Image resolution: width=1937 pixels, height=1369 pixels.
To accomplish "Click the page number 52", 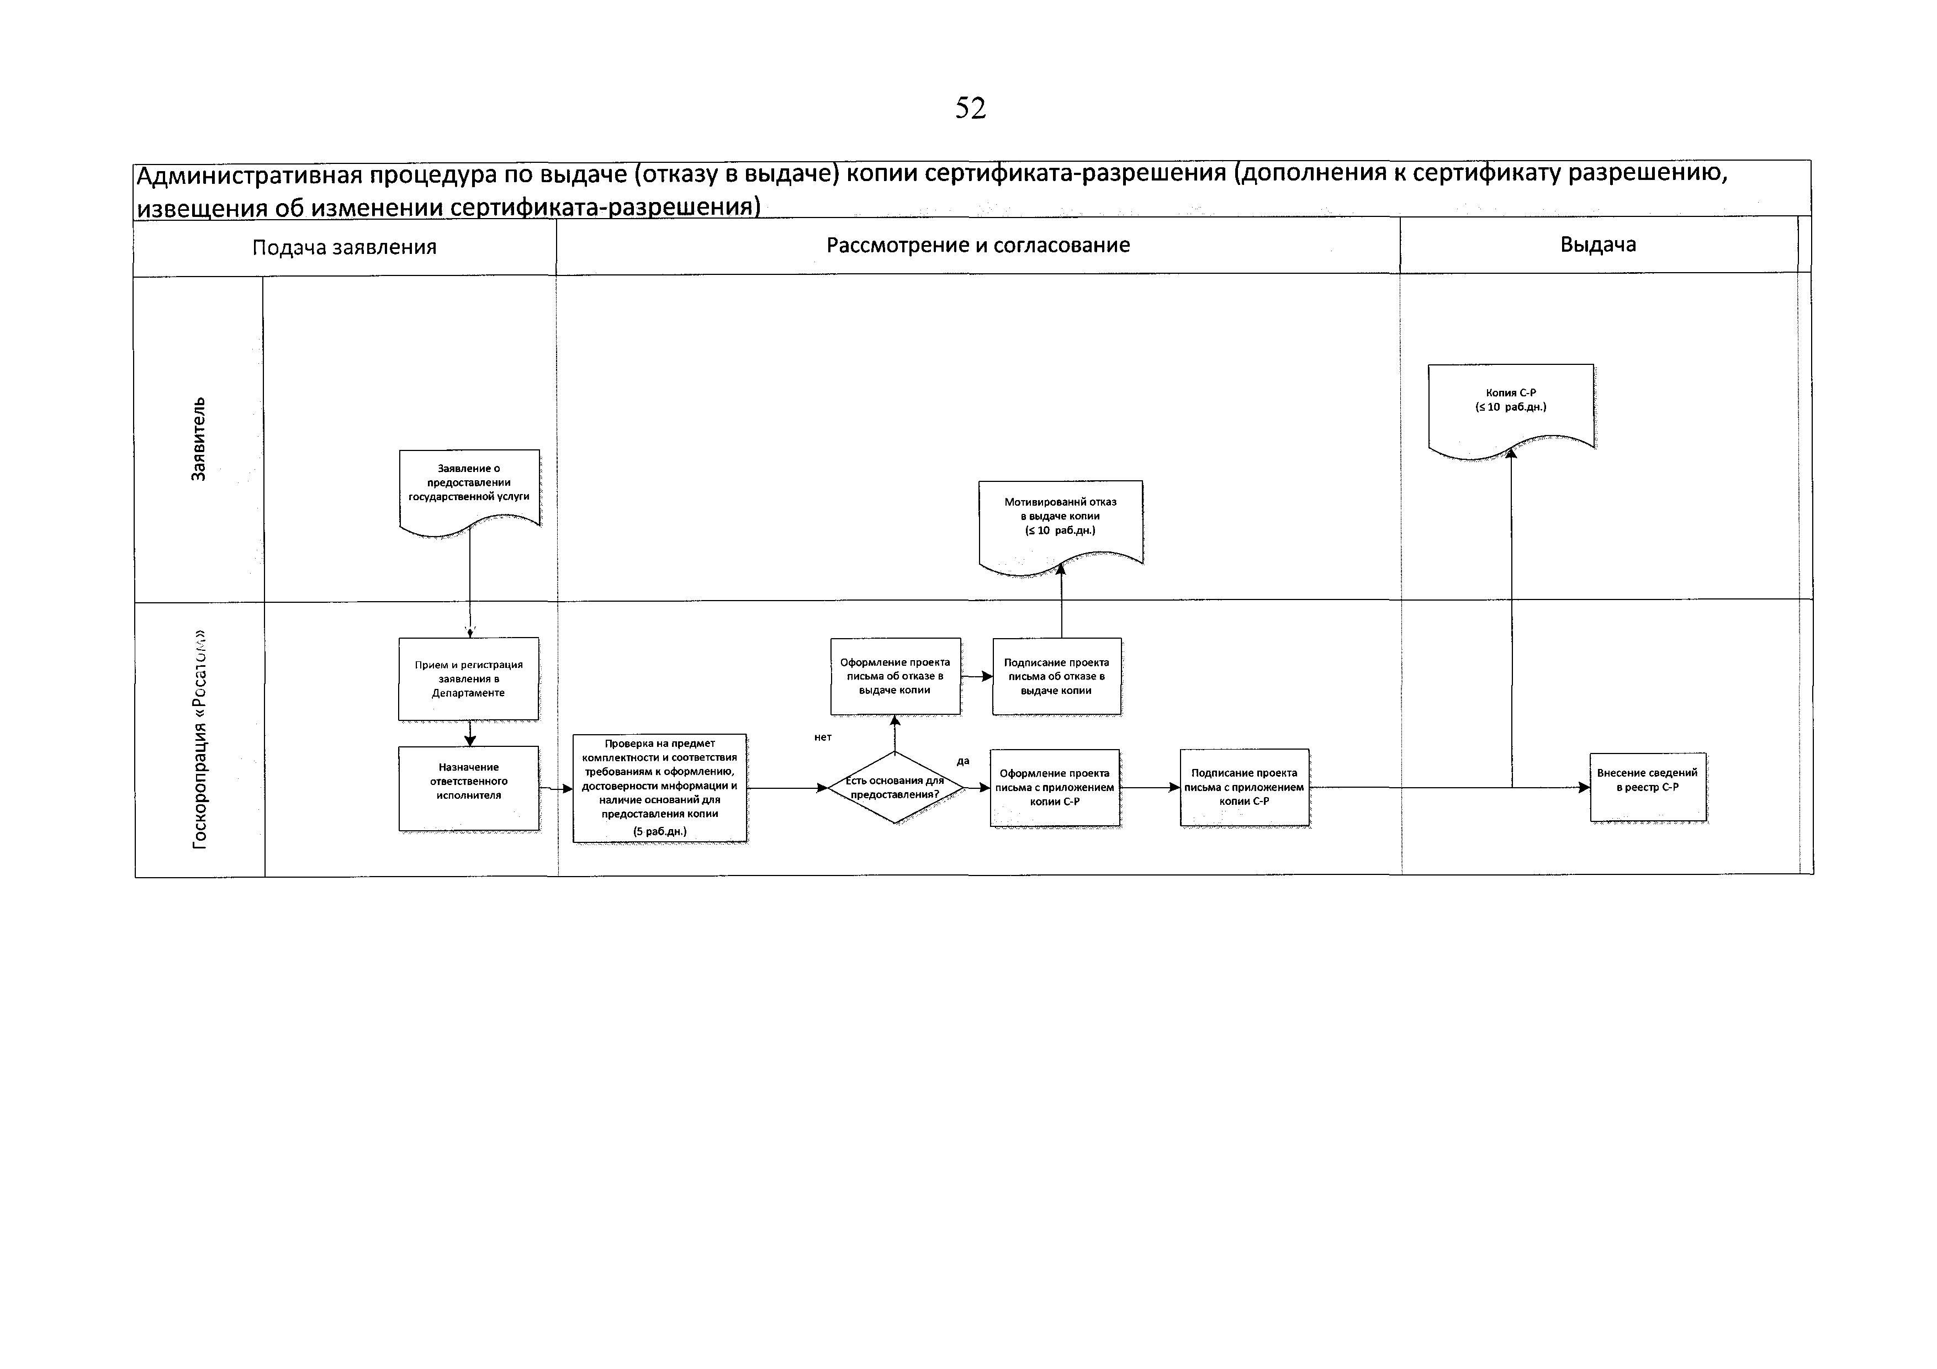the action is [x=970, y=108].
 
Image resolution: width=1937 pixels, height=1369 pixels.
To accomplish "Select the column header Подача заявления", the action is [x=344, y=247].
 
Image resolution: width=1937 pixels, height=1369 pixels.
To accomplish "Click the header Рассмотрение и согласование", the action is [x=978, y=246].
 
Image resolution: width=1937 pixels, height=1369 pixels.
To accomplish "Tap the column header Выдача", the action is [x=1598, y=245].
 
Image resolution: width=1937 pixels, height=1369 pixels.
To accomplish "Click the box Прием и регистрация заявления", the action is [x=468, y=679].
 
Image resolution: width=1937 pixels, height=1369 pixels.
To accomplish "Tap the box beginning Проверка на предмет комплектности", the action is [x=660, y=788].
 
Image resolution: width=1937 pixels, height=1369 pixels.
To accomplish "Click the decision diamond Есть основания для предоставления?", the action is [x=895, y=787].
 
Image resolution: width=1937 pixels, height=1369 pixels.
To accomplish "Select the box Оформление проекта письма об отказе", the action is [x=895, y=676].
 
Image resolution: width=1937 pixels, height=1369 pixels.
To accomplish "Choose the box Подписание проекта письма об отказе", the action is [x=1056, y=676].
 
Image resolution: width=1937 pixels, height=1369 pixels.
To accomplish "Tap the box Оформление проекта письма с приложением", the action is [x=1055, y=788].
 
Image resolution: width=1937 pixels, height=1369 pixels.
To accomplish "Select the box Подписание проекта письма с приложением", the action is [x=1245, y=787].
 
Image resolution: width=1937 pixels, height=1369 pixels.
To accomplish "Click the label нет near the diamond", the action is [x=823, y=737].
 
